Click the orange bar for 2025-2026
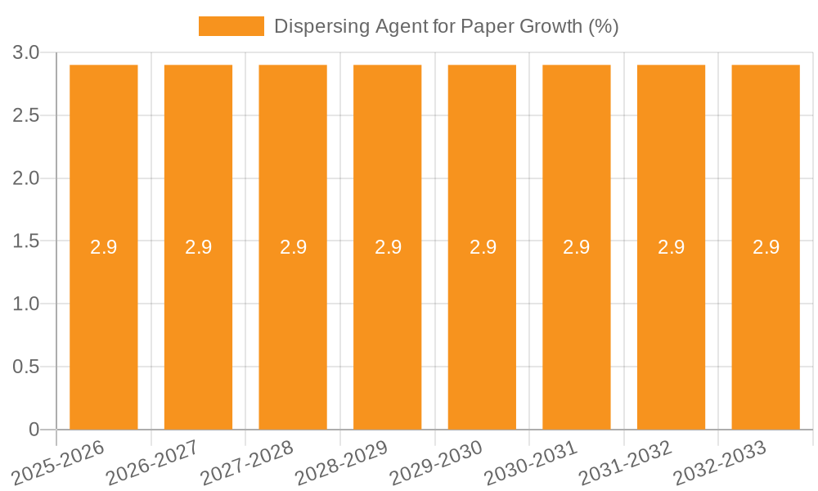click(103, 327)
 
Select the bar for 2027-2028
click(293, 327)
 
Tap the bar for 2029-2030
click(482, 327)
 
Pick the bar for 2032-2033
click(766, 327)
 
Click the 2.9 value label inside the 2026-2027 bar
click(198, 247)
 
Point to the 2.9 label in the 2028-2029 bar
click(388, 247)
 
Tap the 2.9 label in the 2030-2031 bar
click(577, 247)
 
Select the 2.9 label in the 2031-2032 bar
click(672, 247)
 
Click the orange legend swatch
click(231, 26)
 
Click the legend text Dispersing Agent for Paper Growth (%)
click(446, 26)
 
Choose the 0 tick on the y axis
click(34, 430)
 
